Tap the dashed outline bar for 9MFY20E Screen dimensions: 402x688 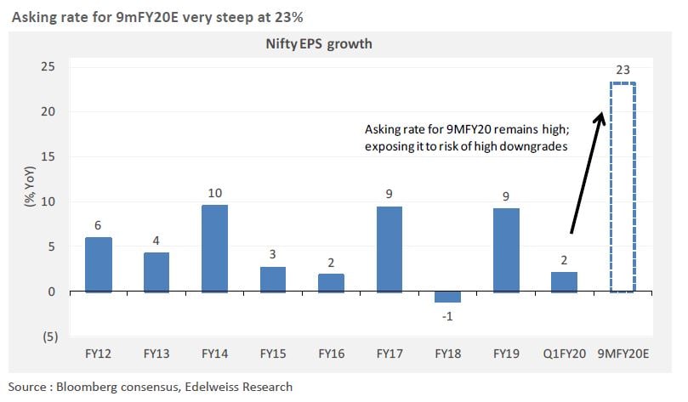pos(623,187)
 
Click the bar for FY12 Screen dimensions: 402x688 pos(98,264)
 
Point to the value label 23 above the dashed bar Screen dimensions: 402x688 pos(623,71)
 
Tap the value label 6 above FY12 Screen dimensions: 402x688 pos(98,225)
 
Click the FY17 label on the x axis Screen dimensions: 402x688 pos(389,353)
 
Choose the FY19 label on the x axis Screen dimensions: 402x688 pos(505,353)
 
